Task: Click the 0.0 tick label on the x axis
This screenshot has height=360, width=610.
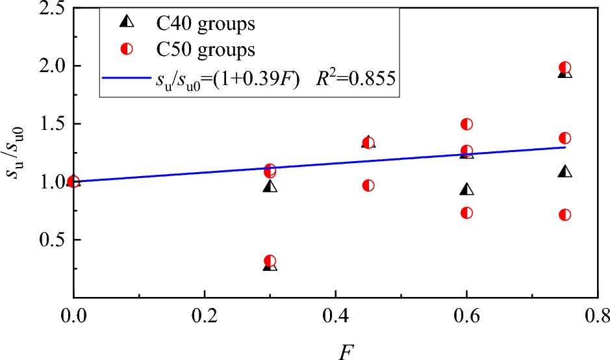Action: pyautogui.click(x=73, y=316)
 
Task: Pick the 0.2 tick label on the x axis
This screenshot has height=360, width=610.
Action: pyautogui.click(x=204, y=316)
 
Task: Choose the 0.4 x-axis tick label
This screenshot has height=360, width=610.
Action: pyautogui.click(x=335, y=316)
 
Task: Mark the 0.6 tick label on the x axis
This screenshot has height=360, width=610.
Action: pyautogui.click(x=466, y=316)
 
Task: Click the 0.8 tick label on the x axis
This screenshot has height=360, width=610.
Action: pyautogui.click(x=596, y=316)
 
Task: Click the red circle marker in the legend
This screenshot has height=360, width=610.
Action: pyautogui.click(x=127, y=49)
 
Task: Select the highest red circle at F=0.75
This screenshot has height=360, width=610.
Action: pyautogui.click(x=565, y=68)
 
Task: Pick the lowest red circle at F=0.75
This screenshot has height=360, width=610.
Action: pyautogui.click(x=565, y=215)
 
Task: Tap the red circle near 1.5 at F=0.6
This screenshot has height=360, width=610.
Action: pyautogui.click(x=466, y=124)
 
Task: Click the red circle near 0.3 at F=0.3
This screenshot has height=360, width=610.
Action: pyautogui.click(x=270, y=261)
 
